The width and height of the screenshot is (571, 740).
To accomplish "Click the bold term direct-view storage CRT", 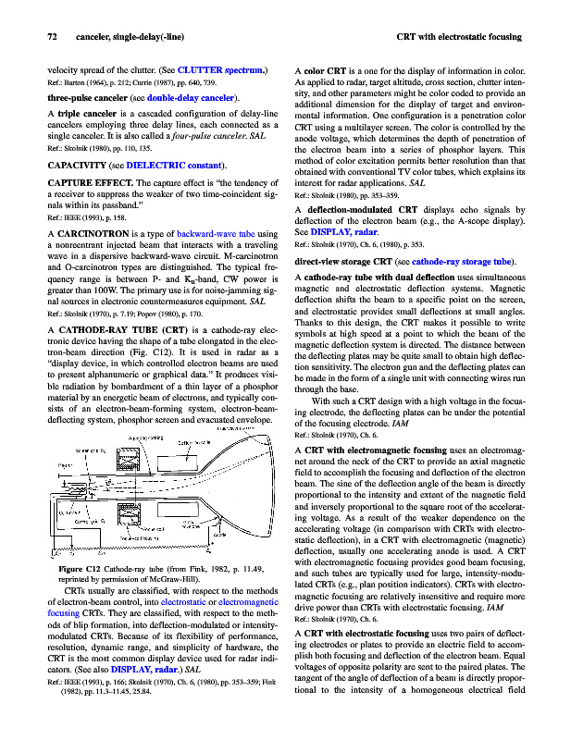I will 347,263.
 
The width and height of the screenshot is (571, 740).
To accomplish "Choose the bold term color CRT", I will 324,69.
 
